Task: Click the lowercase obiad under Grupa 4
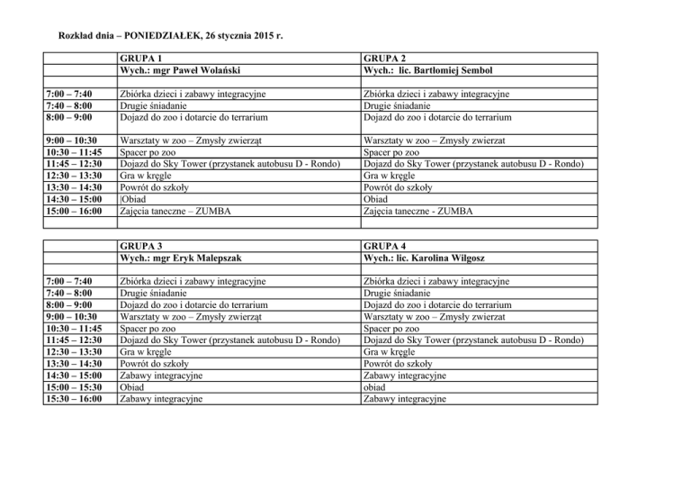[x=372, y=385]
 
